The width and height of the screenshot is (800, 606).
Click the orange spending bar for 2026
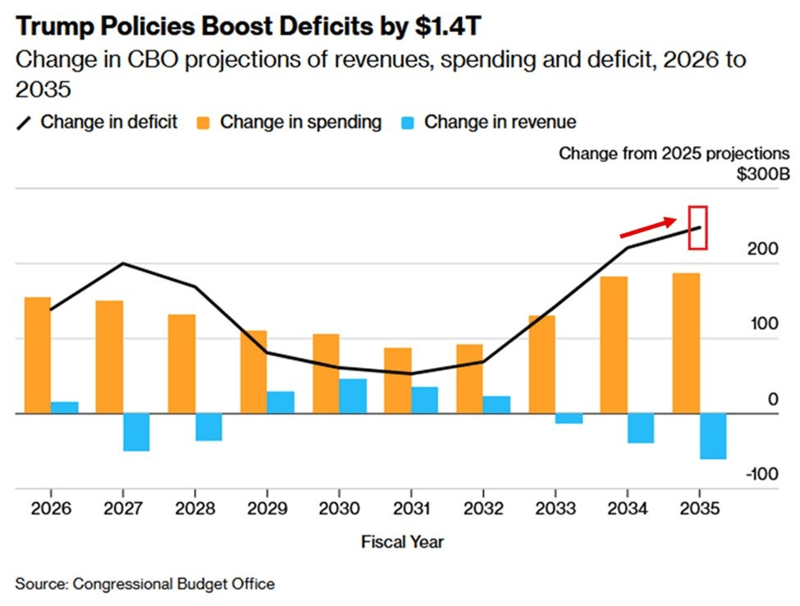pyautogui.click(x=37, y=355)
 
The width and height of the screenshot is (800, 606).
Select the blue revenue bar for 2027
pyautogui.click(x=136, y=432)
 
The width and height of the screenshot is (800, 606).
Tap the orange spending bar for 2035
pyautogui.click(x=686, y=342)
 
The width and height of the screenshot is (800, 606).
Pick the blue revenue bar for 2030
pyautogui.click(x=353, y=396)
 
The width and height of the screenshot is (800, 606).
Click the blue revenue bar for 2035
pyautogui.click(x=714, y=436)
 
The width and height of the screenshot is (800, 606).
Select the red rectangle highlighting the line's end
pyautogui.click(x=697, y=227)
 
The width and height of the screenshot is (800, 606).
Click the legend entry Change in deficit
pyautogui.click(x=98, y=122)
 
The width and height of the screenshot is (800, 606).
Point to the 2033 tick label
pyautogui.click(x=555, y=509)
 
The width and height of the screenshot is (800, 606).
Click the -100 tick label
pyautogui.click(x=761, y=475)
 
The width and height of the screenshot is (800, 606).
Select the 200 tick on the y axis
pyautogui.click(x=763, y=250)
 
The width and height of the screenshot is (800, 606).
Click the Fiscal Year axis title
pyautogui.click(x=402, y=542)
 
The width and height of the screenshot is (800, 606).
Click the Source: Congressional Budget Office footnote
pyautogui.click(x=144, y=584)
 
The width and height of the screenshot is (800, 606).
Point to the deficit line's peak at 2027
pyautogui.click(x=123, y=264)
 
